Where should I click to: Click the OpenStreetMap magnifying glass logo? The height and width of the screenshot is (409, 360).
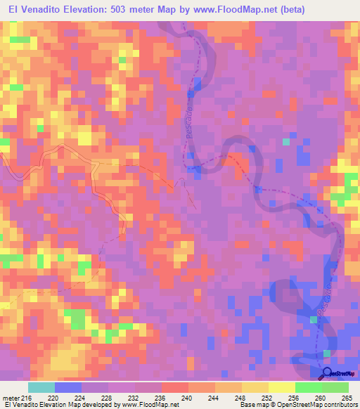328,372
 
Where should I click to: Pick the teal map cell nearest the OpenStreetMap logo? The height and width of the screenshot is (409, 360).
326,353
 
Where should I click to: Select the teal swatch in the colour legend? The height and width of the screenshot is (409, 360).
41,388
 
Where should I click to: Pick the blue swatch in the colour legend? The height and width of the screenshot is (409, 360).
68,388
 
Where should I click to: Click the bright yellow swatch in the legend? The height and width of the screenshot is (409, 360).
281,388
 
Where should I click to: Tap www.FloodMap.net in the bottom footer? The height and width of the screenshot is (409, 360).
150,405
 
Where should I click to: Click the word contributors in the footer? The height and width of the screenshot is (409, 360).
337,405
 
